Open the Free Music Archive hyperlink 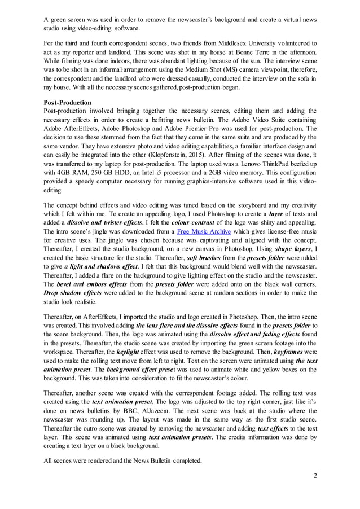click(204, 231)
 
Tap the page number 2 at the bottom click(315, 476)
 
